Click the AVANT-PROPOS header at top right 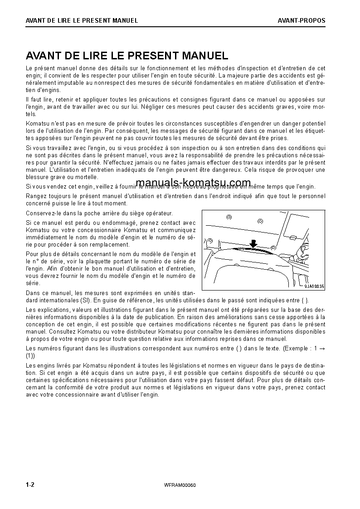click(x=302, y=20)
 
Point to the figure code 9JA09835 click(x=314, y=286)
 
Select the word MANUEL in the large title click(x=204, y=56)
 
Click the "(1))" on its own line click(x=31, y=356)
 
